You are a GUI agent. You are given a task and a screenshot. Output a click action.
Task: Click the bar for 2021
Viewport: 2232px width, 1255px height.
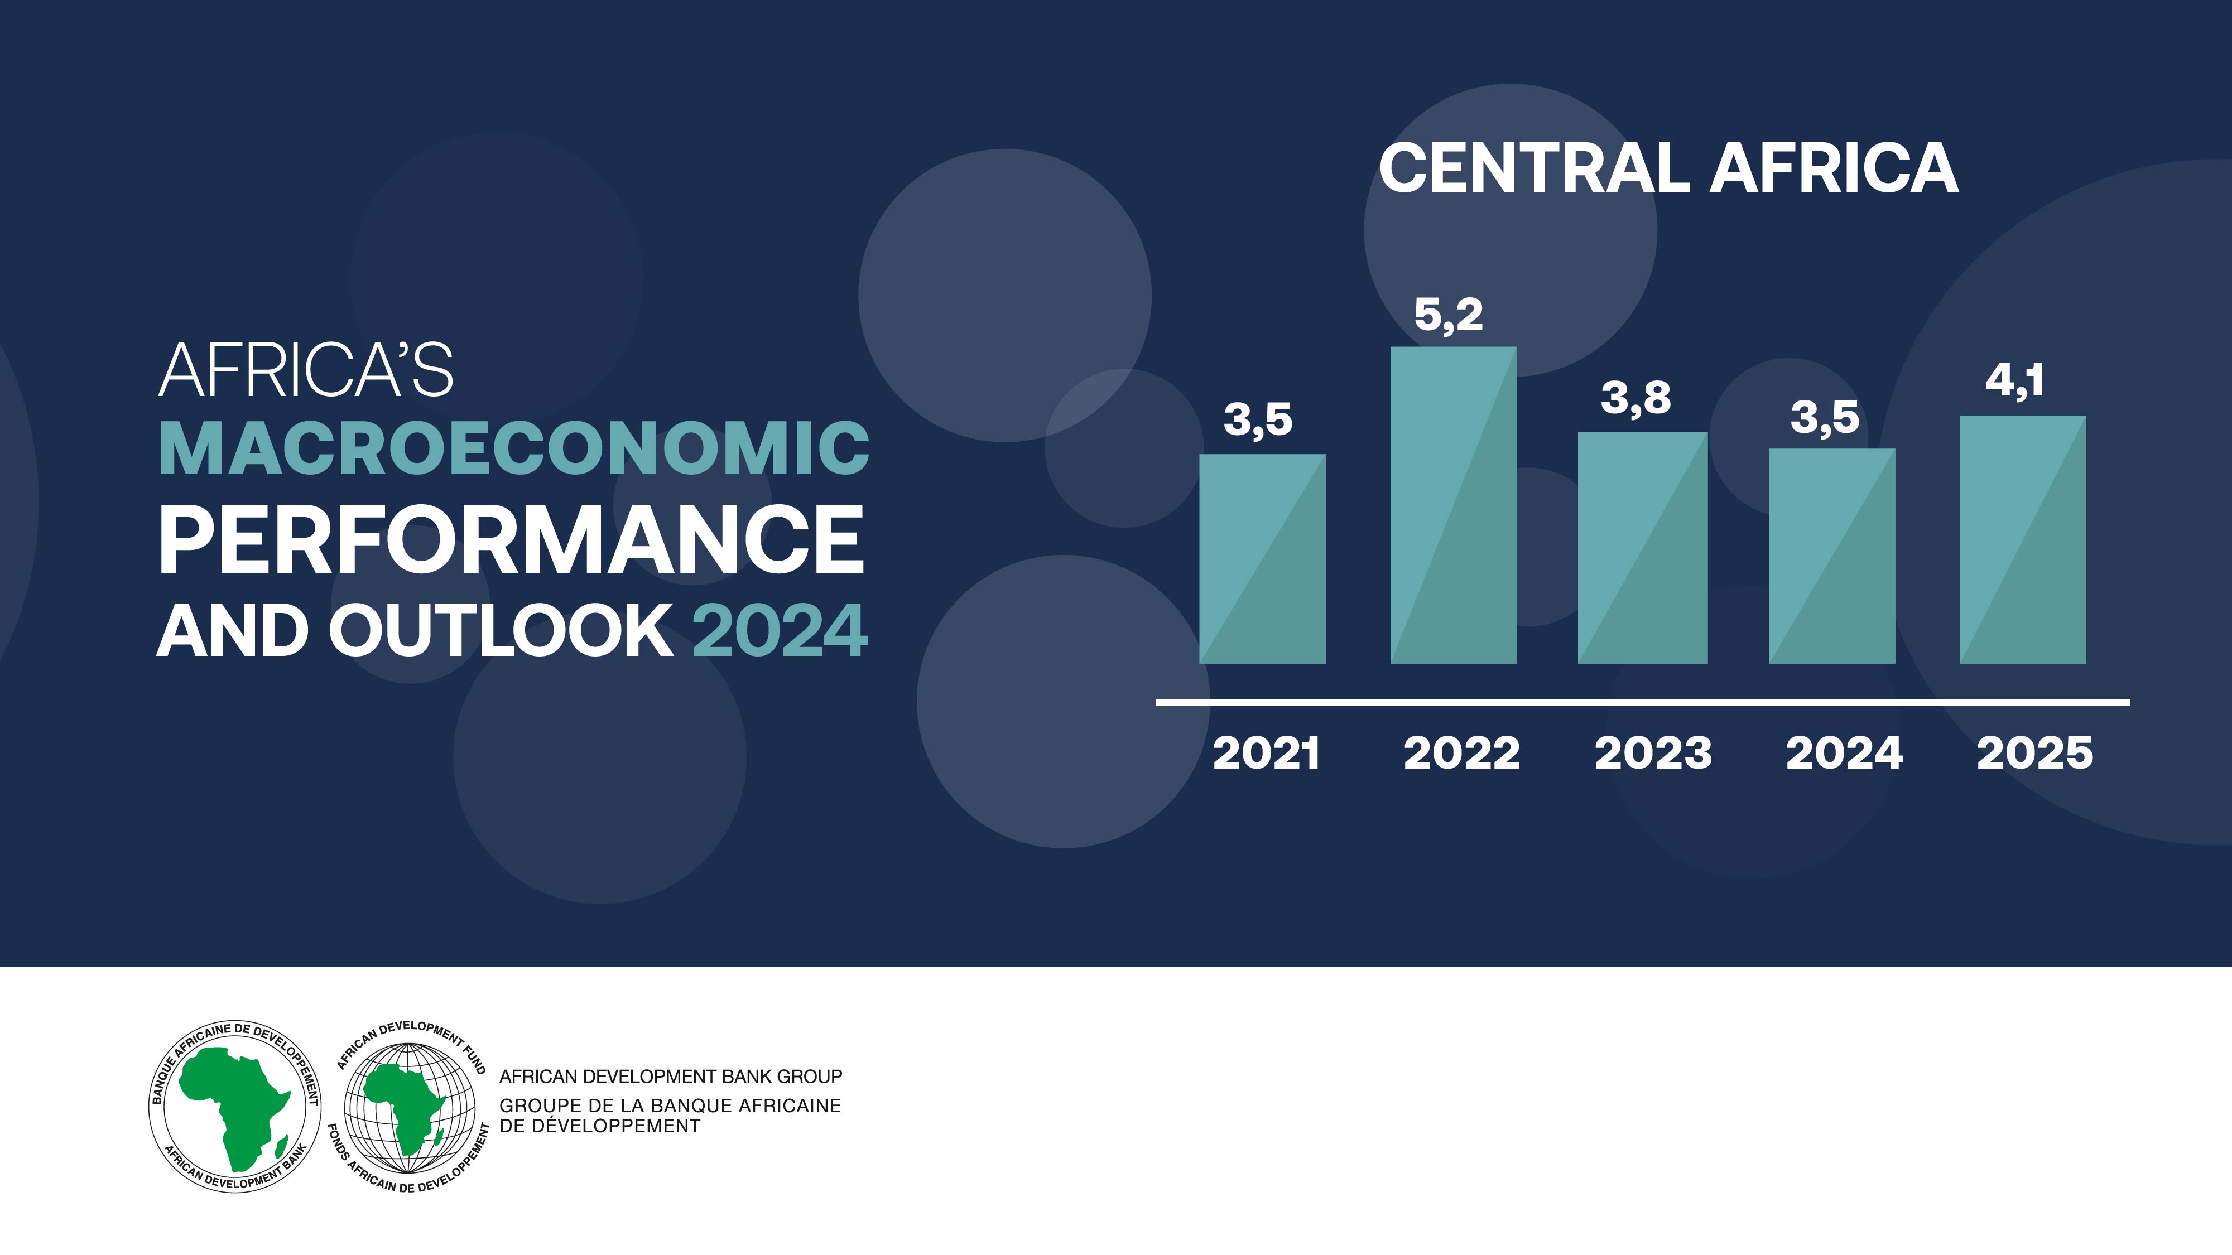point(1262,559)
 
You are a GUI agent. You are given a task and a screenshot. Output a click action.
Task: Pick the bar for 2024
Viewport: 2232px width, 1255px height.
point(1832,556)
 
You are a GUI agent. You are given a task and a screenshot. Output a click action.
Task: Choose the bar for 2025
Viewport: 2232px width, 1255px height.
point(2022,539)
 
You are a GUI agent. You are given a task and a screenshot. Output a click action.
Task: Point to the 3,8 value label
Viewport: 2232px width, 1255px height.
point(1635,398)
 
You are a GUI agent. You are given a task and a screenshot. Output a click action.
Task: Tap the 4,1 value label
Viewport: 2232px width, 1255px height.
point(2014,381)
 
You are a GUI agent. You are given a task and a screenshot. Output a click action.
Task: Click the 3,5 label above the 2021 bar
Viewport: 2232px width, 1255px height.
point(1257,420)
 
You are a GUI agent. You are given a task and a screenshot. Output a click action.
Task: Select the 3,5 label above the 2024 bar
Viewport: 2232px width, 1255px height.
point(1825,417)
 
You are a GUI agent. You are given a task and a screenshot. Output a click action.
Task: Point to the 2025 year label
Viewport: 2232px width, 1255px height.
point(2034,752)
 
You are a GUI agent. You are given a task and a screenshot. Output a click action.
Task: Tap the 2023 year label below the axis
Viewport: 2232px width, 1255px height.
point(1653,752)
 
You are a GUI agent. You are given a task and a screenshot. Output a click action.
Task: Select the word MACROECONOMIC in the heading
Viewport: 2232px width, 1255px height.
point(514,448)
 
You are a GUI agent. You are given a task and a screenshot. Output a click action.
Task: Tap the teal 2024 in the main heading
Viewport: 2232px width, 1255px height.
point(780,630)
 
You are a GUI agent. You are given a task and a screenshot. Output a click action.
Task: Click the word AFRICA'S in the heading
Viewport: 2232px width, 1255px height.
point(306,371)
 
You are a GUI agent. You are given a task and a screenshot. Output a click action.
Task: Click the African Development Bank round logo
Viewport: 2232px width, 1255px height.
point(235,1106)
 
